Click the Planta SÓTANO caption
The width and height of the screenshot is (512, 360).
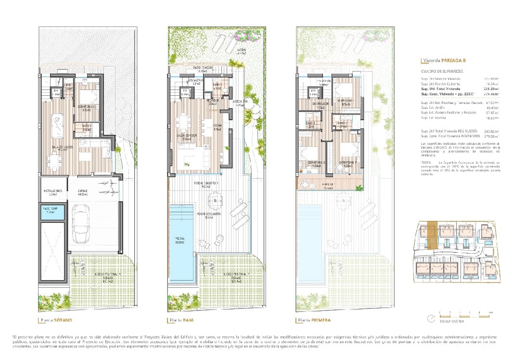tap(57, 320)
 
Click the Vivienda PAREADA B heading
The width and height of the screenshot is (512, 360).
tap(444, 61)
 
